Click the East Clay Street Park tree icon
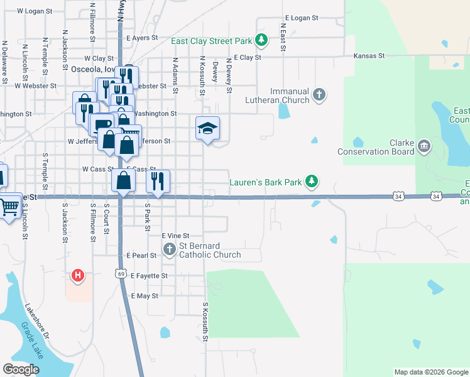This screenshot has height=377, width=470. point(261,41)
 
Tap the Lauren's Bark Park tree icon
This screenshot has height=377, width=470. point(310,182)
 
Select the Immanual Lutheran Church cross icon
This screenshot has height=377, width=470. point(319,95)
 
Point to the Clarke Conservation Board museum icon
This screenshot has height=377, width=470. point(424,146)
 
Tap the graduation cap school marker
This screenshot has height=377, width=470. point(208,129)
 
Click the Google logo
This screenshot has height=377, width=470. point(21,369)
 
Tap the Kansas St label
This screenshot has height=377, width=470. point(369,56)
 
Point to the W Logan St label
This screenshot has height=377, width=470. point(34,11)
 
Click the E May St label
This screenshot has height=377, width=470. point(145,295)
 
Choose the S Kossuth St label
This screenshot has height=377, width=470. point(205,322)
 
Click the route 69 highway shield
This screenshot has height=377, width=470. point(121,273)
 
